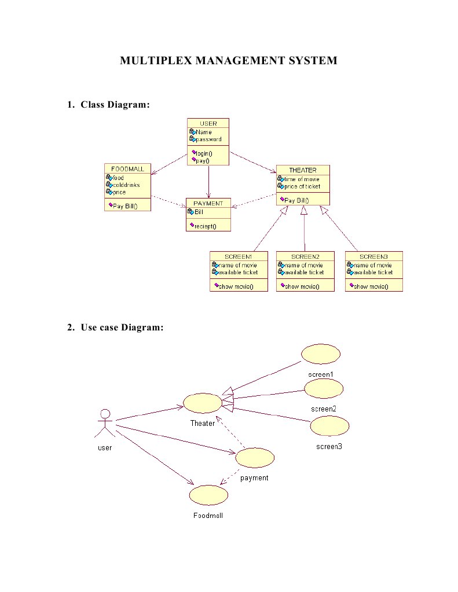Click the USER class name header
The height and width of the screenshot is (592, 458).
(208, 123)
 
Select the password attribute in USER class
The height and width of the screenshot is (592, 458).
(208, 139)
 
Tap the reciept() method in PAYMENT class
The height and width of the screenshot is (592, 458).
(205, 226)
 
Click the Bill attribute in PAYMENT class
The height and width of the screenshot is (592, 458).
(199, 212)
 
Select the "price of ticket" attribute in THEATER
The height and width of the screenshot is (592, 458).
(302, 186)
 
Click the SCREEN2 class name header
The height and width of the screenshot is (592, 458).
(305, 256)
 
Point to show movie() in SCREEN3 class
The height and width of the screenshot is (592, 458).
(371, 286)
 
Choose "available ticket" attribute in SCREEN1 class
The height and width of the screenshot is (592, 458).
(237, 272)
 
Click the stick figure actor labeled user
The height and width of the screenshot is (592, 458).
(105, 425)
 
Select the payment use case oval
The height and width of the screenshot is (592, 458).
(255, 458)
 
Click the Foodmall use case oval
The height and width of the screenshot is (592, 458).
(208, 495)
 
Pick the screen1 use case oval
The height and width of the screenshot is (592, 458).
(321, 354)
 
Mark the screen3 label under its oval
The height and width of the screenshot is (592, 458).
(329, 446)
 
